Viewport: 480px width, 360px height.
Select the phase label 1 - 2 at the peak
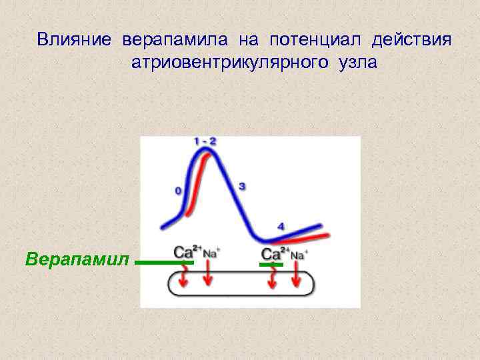(x=205, y=141)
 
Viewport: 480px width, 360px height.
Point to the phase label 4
(x=281, y=227)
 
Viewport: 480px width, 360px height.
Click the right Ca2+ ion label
(x=275, y=253)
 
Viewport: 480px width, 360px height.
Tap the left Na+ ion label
(x=211, y=253)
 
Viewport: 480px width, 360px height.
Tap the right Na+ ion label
(x=300, y=254)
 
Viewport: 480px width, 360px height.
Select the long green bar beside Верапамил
(x=164, y=263)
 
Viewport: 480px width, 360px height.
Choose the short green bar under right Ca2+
(x=271, y=265)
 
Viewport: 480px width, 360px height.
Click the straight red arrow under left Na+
(x=208, y=275)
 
